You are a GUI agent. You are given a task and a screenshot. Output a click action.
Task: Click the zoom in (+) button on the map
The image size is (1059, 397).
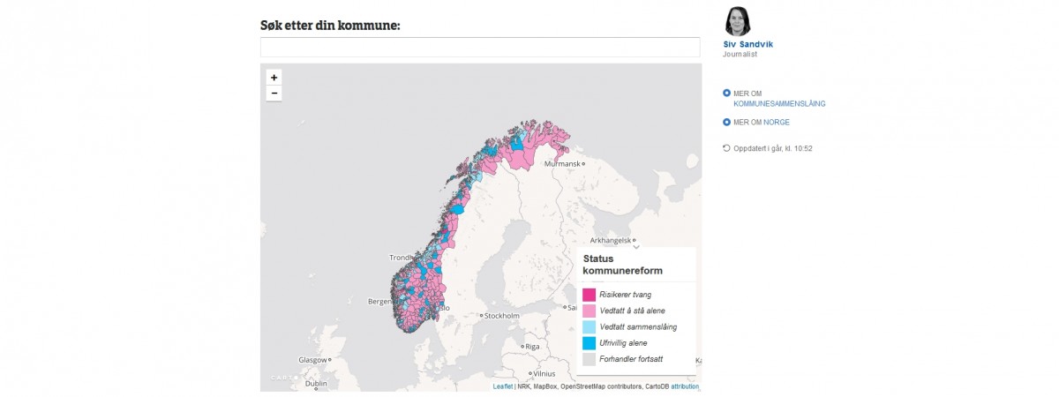coord(274,78)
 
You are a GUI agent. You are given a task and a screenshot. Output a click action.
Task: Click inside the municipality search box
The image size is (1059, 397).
coord(480,48)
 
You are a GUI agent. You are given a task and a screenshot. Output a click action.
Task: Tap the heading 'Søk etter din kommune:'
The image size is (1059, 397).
coord(331,25)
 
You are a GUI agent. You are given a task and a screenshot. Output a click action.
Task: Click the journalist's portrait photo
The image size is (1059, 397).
coord(738,21)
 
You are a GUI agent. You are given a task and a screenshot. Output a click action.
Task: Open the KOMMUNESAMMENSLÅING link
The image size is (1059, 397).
coord(779,103)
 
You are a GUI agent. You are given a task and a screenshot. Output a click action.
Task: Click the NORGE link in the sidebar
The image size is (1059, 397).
coord(777,122)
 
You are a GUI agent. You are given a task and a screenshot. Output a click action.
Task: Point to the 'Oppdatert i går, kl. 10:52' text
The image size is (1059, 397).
coord(773,148)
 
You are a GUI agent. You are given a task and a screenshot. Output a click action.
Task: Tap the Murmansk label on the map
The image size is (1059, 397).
coord(563,164)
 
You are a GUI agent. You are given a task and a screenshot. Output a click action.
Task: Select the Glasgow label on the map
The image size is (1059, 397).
coord(312,360)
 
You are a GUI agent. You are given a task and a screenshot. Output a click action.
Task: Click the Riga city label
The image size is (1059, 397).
coord(531,347)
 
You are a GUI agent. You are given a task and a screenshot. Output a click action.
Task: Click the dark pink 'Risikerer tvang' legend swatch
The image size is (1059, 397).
coord(589,295)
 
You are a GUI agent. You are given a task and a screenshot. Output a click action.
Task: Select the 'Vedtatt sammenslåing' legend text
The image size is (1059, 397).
coord(638,327)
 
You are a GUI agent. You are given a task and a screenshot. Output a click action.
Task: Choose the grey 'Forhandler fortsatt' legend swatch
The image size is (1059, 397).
coord(589,359)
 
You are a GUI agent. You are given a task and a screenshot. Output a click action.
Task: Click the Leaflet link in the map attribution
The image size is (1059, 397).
coord(502,386)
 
